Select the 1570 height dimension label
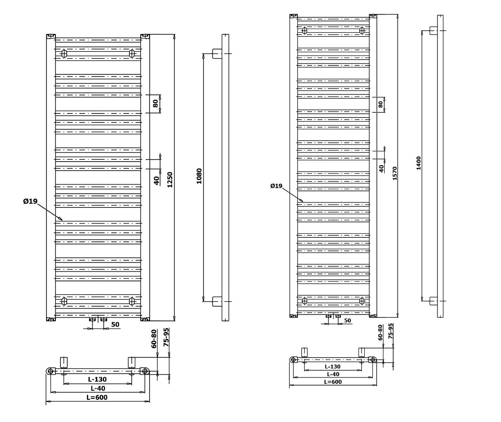click(x=395, y=173)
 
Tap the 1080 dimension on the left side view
click(x=199, y=176)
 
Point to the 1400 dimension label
click(x=418, y=163)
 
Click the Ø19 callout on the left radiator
click(x=30, y=201)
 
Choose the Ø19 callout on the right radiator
click(x=276, y=186)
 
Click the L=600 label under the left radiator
click(x=98, y=397)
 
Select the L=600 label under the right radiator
click(x=333, y=382)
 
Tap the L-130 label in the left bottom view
click(x=98, y=379)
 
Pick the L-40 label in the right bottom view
click(x=333, y=374)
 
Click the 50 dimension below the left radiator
click(x=115, y=324)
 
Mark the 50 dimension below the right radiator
click(x=347, y=320)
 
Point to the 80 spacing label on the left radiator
click(x=155, y=103)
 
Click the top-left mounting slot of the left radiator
click(x=64, y=54)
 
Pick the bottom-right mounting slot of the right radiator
click(x=362, y=300)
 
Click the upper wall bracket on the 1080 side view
click(x=217, y=54)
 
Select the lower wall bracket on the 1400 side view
click(x=433, y=301)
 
